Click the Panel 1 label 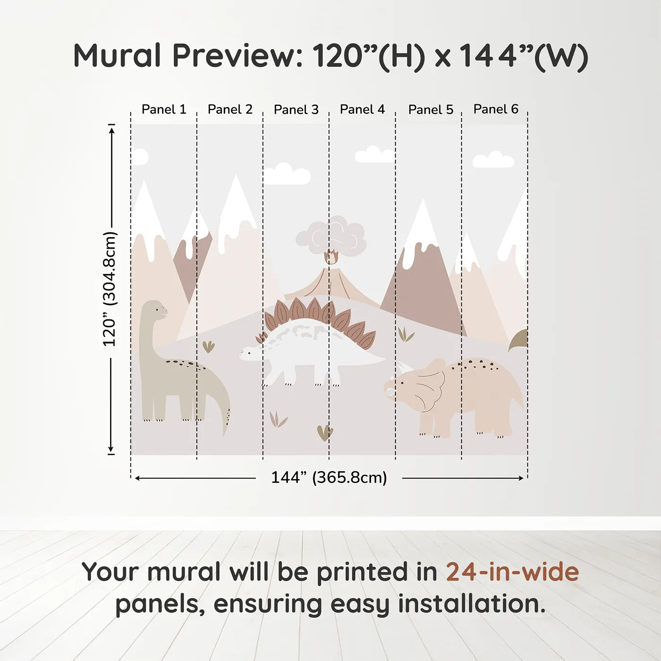pos(164,110)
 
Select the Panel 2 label pos(230,110)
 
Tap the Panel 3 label pos(296,110)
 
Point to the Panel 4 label pos(362,110)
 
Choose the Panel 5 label pos(431,110)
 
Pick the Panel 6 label pos(496,109)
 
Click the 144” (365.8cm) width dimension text pos(329,477)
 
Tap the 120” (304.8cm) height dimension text pos(110,289)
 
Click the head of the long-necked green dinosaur pos(155,310)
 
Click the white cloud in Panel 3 pos(287,175)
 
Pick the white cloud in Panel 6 pos(493,161)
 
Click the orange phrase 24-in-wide pos(512,572)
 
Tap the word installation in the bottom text pos(472,604)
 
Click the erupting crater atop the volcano pos(331,258)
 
